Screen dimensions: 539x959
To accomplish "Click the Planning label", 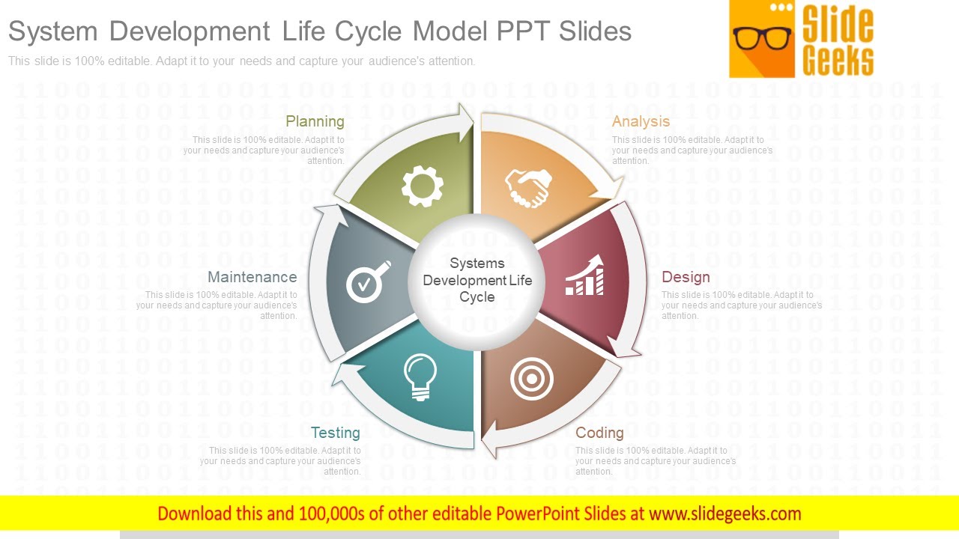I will pyautogui.click(x=315, y=121).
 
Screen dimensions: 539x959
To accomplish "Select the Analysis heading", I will pyautogui.click(x=641, y=121).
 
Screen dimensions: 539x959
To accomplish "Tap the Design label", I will pyautogui.click(x=686, y=277).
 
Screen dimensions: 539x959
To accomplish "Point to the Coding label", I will pyautogui.click(x=599, y=433).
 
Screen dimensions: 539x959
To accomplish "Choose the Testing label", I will pyautogui.click(x=335, y=433).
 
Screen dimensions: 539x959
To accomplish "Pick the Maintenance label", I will pyautogui.click(x=252, y=277).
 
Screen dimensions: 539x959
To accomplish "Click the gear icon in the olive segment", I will pyautogui.click(x=423, y=186).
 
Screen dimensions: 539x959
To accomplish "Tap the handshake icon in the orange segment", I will pyautogui.click(x=528, y=187).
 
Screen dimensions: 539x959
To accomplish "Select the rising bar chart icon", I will pyautogui.click(x=584, y=275).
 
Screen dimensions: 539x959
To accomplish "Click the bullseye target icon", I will pyautogui.click(x=532, y=379).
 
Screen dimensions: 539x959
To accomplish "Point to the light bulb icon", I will pyautogui.click(x=420, y=377).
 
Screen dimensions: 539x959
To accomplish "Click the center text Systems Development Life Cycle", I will pyautogui.click(x=477, y=280).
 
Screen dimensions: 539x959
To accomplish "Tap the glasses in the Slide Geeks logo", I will pyautogui.click(x=762, y=37).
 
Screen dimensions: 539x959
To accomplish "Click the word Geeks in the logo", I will pyautogui.click(x=838, y=61).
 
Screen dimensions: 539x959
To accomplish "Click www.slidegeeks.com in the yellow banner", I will pyautogui.click(x=724, y=514).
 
